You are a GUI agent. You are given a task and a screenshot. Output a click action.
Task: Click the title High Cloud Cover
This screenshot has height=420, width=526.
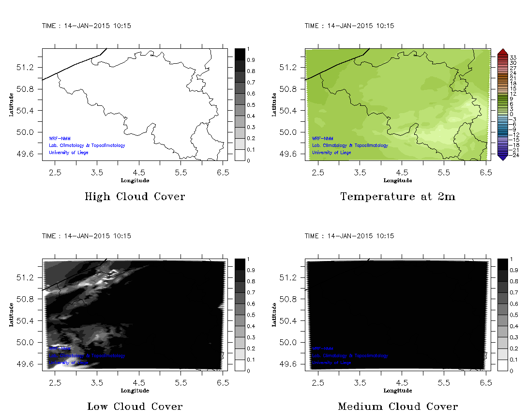[135, 197]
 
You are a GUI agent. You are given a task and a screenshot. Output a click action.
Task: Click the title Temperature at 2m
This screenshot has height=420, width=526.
[398, 197]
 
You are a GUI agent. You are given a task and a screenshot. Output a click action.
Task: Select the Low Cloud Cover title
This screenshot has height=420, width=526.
[135, 406]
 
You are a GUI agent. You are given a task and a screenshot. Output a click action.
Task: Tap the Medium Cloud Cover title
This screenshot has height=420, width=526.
[398, 406]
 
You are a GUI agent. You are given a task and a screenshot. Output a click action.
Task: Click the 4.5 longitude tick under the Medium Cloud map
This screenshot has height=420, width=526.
[402, 383]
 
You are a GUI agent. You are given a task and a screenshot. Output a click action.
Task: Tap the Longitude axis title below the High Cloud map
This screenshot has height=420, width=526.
[135, 181]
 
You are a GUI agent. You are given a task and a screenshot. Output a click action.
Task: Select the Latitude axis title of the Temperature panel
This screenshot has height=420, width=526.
[274, 104]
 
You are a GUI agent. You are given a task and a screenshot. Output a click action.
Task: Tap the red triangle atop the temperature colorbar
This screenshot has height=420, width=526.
[502, 51]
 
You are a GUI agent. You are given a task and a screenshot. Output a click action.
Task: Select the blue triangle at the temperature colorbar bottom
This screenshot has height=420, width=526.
[502, 157]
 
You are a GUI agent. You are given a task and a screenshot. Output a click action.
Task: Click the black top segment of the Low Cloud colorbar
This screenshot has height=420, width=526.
[240, 264]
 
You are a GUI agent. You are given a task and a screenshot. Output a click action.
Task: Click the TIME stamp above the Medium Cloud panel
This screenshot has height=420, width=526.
[349, 236]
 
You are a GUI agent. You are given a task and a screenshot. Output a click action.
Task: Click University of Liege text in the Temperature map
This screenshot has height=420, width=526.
[331, 153]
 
